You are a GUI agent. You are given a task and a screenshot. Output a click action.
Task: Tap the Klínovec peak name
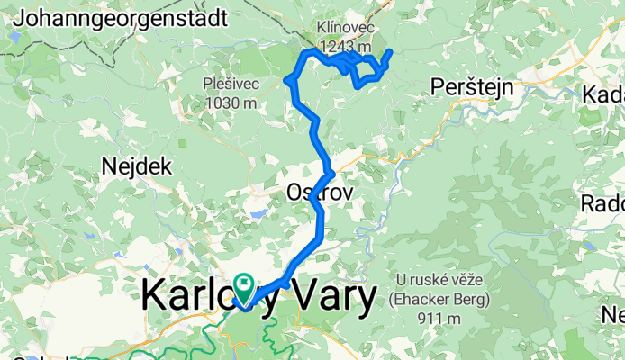coord(343,27)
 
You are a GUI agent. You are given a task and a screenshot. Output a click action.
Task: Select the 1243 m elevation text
coord(345,45)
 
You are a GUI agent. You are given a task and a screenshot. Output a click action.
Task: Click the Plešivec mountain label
coord(231,85)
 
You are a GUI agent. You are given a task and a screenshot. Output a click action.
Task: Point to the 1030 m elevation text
coord(231,103)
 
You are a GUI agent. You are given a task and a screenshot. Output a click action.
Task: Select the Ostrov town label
coord(313,193)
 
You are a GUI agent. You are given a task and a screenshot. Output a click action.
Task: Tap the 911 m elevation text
coord(440,318)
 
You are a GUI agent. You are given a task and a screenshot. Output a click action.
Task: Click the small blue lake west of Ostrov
coord(258,214)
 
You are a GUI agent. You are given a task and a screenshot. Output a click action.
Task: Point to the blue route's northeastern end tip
coord(390,51)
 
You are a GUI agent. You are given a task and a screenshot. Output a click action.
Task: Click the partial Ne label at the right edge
coord(613,314)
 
